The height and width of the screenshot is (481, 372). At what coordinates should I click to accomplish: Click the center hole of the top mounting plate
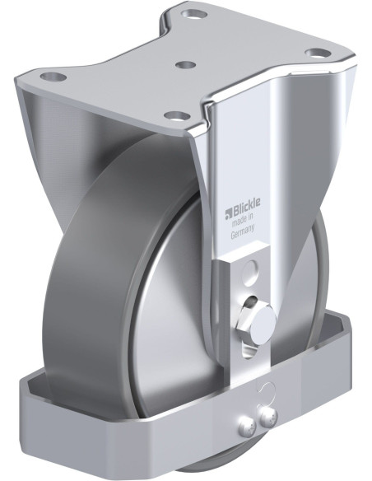(187, 63)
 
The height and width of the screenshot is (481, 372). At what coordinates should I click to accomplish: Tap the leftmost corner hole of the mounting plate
(56, 78)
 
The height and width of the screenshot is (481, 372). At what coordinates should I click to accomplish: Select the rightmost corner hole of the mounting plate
(314, 53)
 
